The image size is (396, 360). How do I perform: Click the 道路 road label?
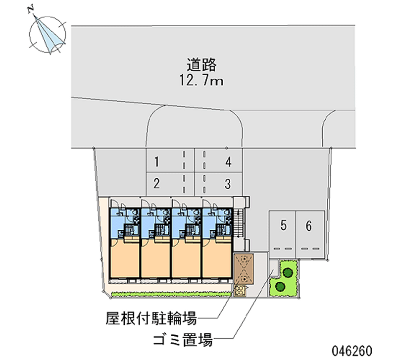click(201, 65)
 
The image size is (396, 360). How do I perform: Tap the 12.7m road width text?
click(201, 81)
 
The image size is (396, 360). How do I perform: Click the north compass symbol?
click(47, 34)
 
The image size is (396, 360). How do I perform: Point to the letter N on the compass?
click(31, 9)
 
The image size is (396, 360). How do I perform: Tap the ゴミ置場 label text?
click(183, 339)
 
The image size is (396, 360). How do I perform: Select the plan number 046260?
click(352, 351)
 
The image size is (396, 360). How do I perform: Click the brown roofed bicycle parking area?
click(244, 268)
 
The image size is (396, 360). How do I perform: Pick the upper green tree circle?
click(288, 272)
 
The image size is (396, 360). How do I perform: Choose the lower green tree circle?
click(280, 287)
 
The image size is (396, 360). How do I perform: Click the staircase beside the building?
click(238, 223)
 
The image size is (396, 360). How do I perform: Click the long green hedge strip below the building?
click(171, 294)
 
